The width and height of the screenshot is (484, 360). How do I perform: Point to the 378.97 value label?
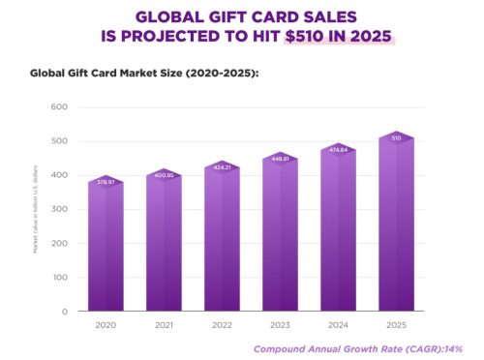[106, 182]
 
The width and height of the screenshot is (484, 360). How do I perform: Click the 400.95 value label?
[164, 175]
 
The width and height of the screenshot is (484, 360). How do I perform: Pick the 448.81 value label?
[280, 159]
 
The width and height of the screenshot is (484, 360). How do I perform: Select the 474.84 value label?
[338, 150]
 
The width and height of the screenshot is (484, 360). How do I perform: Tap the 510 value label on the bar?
[396, 137]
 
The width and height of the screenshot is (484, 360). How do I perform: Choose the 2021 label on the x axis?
[164, 326]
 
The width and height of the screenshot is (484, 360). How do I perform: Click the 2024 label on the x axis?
[338, 326]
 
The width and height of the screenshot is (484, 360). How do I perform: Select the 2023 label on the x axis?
[280, 326]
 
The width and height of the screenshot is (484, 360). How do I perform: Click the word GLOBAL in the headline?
[168, 16]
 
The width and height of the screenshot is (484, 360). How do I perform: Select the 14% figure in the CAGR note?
[453, 348]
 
